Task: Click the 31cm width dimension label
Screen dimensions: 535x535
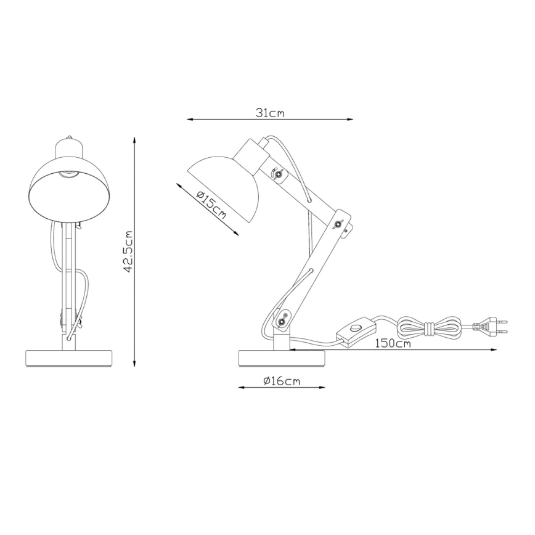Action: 269,113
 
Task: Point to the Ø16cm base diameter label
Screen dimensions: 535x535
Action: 281,382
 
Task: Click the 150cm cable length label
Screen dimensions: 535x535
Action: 393,343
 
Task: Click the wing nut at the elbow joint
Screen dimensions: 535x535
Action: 338,224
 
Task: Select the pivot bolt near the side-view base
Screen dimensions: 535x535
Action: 283,321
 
